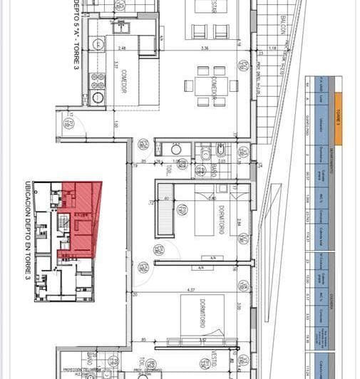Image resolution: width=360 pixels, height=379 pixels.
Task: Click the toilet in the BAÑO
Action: point(222,151)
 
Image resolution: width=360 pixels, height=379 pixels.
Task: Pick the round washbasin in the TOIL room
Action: point(176,150)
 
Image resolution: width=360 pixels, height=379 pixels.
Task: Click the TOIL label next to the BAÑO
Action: point(168,171)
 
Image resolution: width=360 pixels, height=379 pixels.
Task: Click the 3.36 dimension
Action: point(205,48)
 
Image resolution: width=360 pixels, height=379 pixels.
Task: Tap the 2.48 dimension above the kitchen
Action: point(123,48)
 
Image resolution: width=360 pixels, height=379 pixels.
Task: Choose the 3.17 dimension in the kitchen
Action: point(114,73)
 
